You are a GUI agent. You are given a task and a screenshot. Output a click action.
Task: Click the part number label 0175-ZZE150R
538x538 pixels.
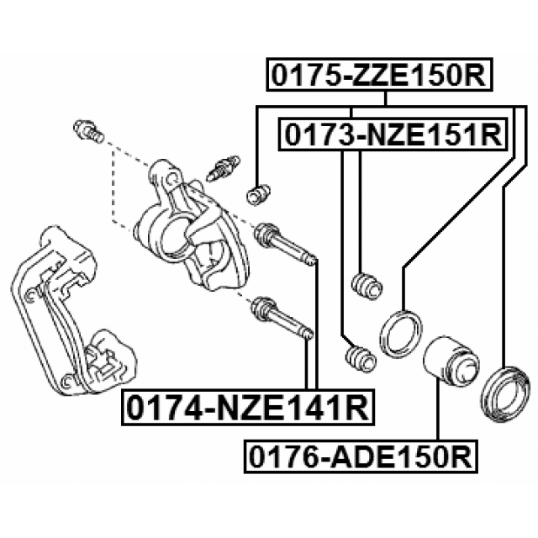[x=379, y=75]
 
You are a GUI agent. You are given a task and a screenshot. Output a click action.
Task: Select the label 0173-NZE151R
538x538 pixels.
[x=393, y=134]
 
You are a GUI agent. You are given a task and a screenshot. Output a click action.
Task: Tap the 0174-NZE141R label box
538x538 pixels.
[x=248, y=407]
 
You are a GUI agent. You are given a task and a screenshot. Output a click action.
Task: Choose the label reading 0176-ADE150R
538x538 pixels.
[x=361, y=456]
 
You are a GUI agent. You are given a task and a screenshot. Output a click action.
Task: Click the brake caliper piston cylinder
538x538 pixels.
[x=451, y=361]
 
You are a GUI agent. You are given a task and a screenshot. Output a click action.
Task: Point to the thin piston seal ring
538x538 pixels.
[x=401, y=334]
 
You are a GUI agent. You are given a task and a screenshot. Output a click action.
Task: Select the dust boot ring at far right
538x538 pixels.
[x=506, y=393]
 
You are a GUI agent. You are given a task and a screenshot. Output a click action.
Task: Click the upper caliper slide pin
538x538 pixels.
[x=284, y=245]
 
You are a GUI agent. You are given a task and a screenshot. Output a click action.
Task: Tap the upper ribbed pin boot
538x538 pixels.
[x=367, y=286]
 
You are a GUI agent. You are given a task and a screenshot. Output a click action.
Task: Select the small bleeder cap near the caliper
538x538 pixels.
[x=259, y=194]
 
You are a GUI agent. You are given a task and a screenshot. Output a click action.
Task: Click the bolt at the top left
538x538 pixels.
[x=88, y=131]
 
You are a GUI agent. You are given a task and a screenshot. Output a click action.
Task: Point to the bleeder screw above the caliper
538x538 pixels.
[x=223, y=168]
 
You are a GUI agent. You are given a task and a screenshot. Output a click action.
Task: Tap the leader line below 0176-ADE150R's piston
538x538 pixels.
[x=437, y=409]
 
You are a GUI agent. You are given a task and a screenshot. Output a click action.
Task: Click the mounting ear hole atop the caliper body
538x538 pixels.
[x=171, y=178]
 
